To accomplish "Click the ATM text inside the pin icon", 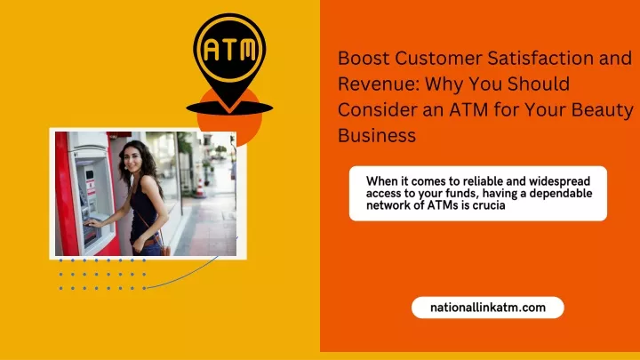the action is pyautogui.click(x=230, y=50).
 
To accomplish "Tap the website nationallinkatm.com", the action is pyautogui.click(x=488, y=308).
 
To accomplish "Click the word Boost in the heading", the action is pyautogui.click(x=364, y=58).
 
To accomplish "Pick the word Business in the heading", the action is pyautogui.click(x=377, y=135).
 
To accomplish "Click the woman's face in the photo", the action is pyautogui.click(x=132, y=159).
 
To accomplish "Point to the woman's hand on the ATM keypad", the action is pyautogui.click(x=93, y=223).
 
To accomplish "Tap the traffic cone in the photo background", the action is pyautogui.click(x=199, y=187).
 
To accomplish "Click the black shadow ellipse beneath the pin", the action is pyautogui.click(x=229, y=108).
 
